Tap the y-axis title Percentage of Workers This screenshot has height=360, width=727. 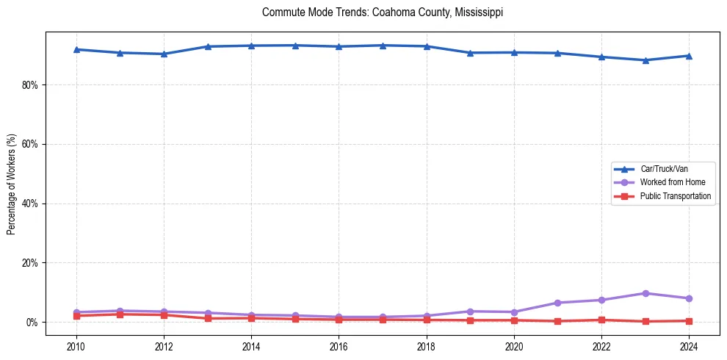11,184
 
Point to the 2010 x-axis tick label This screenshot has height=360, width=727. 76,346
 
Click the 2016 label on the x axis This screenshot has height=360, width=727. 339,346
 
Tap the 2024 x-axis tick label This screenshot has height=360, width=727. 689,346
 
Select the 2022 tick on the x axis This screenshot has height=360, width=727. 601,346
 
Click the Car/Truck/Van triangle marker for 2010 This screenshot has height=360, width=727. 76,49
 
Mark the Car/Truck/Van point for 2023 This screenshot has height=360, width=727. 645,60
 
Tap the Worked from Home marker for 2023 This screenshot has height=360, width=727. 645,293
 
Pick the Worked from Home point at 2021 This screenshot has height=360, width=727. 558,303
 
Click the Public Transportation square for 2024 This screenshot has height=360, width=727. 689,321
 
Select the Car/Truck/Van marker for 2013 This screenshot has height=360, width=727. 208,46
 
